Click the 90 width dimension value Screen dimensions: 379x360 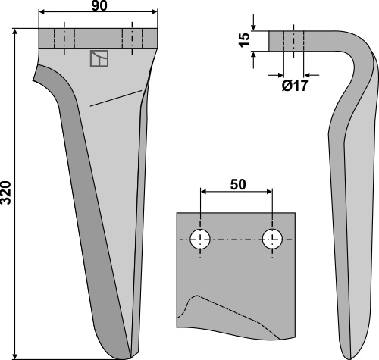coord(99,6)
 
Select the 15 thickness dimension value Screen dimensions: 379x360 coord(244,40)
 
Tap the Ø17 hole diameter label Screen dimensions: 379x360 coord(295,86)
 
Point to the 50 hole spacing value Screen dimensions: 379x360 coord(238,184)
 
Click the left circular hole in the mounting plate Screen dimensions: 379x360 coord(200,239)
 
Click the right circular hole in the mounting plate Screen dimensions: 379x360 coord(272,239)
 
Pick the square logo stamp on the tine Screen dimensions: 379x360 coord(99,58)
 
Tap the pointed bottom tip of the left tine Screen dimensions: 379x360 coord(130,358)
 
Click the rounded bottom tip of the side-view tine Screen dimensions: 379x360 coord(351,357)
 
